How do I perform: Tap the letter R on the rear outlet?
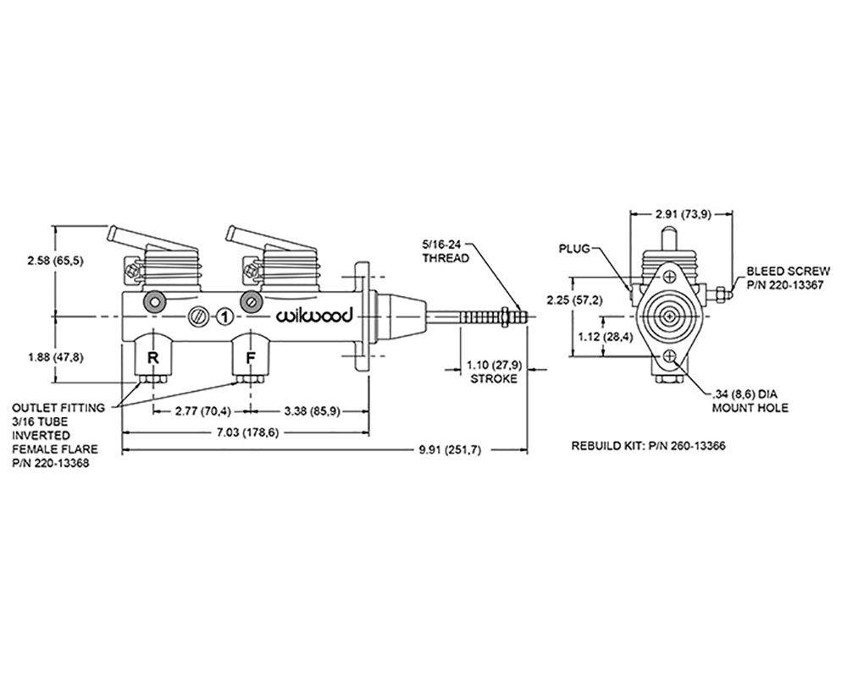[152, 357]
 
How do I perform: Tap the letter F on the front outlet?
[250, 357]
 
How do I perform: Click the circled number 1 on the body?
[224, 316]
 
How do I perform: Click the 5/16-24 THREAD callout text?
[446, 251]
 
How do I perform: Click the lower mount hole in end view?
[672, 357]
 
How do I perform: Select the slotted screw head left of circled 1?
[199, 316]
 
